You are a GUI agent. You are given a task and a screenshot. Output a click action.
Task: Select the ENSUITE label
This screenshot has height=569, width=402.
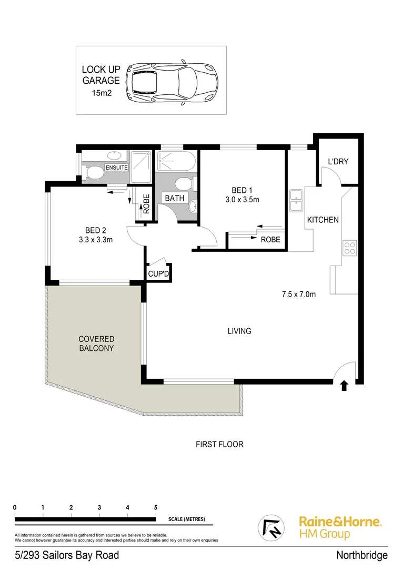[x=116, y=167]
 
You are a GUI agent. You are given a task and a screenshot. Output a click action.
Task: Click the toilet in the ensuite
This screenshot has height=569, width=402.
[x=93, y=172]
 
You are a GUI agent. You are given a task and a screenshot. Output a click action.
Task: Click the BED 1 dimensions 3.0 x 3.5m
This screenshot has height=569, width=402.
[x=242, y=200]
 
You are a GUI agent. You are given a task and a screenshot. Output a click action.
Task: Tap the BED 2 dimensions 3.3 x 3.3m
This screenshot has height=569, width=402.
[x=96, y=240]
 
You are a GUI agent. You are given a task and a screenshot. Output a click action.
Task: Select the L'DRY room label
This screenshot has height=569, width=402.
[x=338, y=162]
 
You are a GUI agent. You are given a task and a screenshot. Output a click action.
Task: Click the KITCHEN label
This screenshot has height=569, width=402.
[x=323, y=220]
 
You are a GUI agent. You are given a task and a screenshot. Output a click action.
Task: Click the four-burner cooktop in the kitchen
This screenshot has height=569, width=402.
[x=350, y=248]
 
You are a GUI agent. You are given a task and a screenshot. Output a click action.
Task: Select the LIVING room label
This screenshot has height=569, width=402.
[x=239, y=331]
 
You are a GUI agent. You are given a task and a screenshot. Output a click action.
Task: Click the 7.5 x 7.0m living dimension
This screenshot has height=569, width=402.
[x=298, y=295]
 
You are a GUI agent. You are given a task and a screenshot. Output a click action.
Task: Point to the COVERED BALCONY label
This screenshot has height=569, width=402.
[x=96, y=344]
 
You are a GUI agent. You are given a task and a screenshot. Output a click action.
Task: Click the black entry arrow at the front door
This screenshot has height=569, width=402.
[x=344, y=386]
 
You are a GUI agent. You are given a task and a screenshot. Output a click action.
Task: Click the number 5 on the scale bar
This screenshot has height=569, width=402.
[x=156, y=507]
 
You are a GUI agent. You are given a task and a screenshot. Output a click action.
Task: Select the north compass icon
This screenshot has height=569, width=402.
[x=272, y=527]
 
